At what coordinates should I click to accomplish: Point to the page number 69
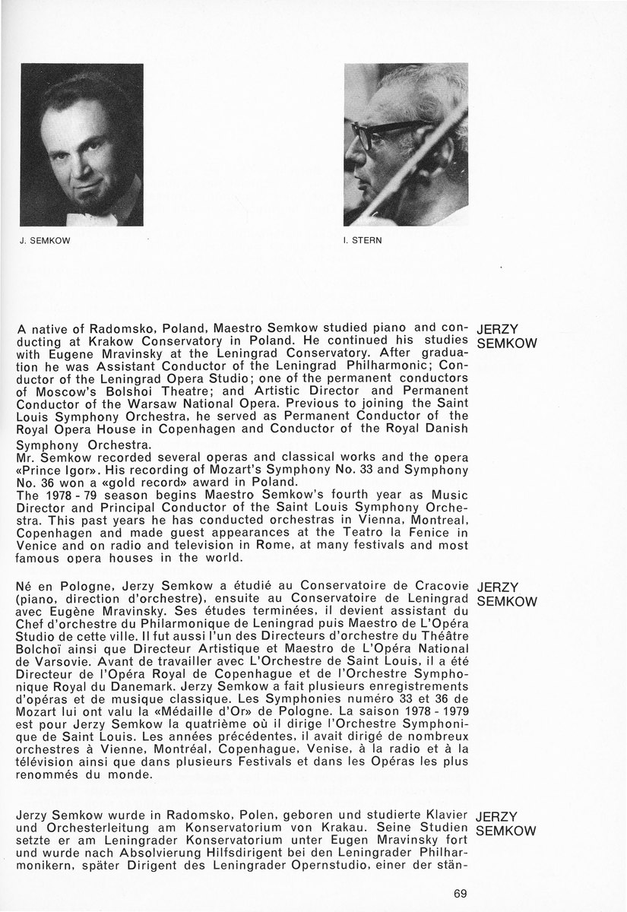click(460, 893)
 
